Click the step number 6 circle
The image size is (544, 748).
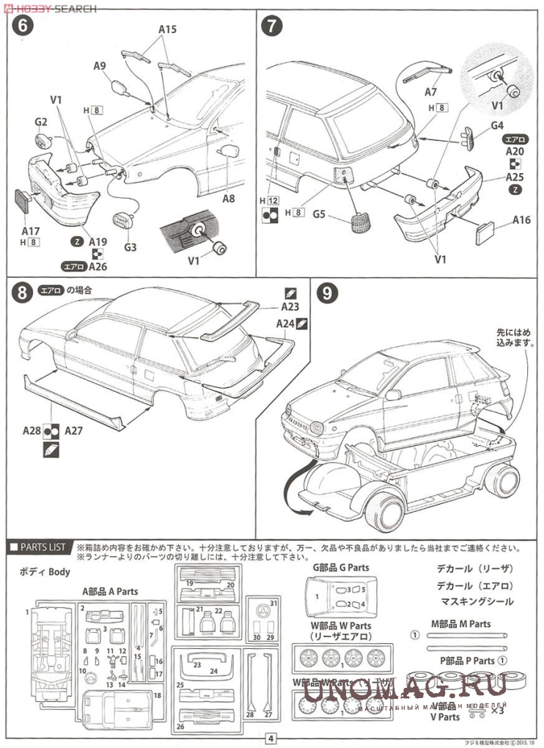(23, 27)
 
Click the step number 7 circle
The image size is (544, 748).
(272, 27)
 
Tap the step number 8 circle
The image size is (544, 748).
(23, 293)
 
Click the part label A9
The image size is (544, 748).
(100, 66)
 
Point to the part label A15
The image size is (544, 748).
(167, 30)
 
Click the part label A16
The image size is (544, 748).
(521, 219)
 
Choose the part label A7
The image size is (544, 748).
(430, 92)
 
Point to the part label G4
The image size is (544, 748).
(497, 125)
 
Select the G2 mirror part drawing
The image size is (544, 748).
(43, 139)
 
